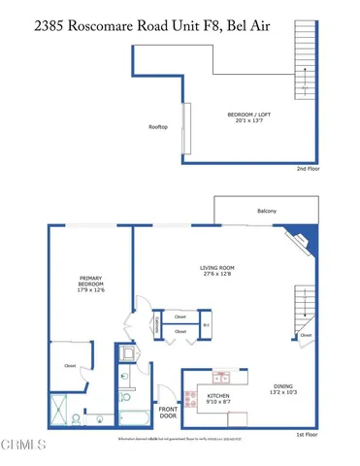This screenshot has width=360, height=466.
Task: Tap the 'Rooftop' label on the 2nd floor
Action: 158,127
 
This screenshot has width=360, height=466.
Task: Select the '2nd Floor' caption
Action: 309,168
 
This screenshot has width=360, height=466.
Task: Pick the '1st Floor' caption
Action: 308,436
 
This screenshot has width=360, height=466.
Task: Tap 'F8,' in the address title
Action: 236,15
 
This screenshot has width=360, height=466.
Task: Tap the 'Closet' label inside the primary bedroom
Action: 70,366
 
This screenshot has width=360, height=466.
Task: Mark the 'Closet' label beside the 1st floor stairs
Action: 306,336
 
